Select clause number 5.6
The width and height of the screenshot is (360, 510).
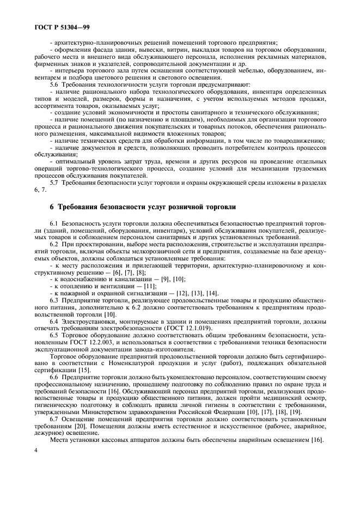pyautogui.click(x=54, y=84)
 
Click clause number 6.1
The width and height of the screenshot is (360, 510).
pyautogui.click(x=54, y=223)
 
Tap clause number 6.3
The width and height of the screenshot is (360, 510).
pyautogui.click(x=54, y=300)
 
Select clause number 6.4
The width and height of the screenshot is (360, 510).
pyautogui.click(x=54, y=321)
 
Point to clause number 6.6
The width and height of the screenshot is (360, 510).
pyautogui.click(x=54, y=377)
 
